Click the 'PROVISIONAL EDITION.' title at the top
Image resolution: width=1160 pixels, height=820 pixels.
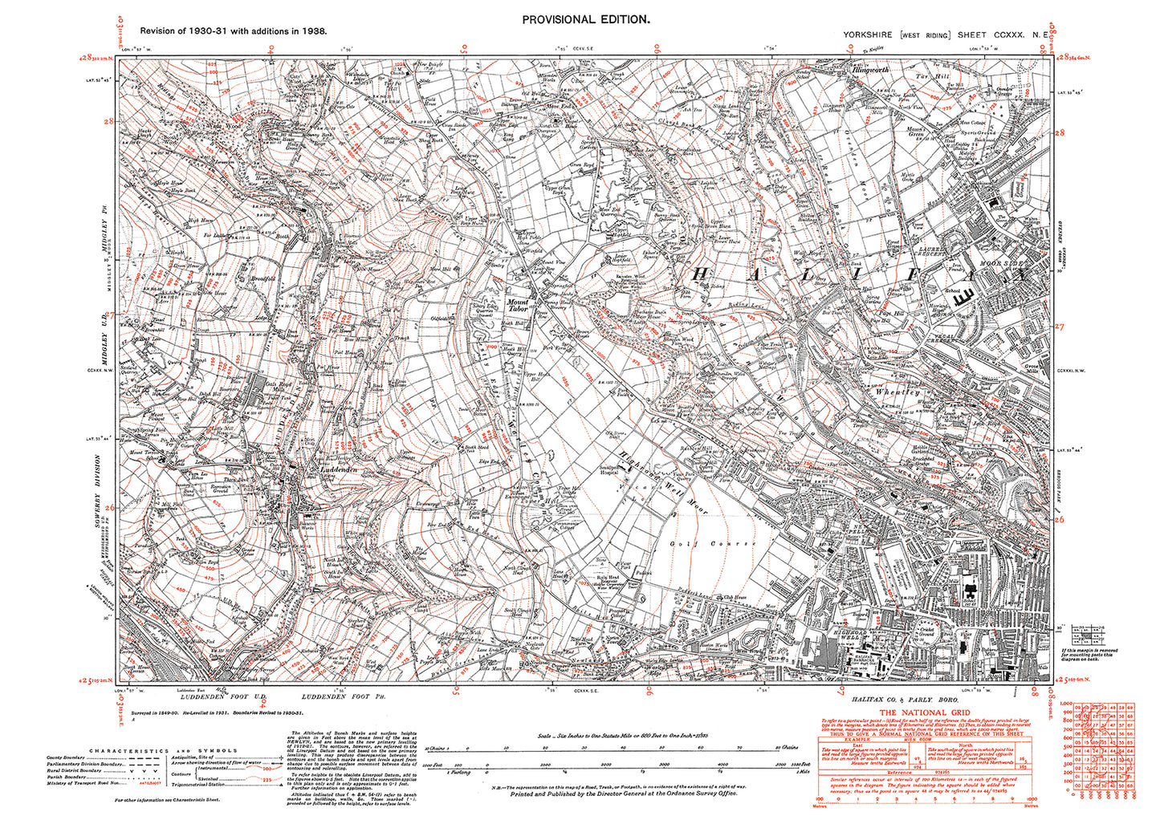tap(584, 19)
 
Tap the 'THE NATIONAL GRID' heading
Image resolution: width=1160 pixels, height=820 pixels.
tap(924, 712)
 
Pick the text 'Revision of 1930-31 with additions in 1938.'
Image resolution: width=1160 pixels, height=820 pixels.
tap(233, 30)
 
